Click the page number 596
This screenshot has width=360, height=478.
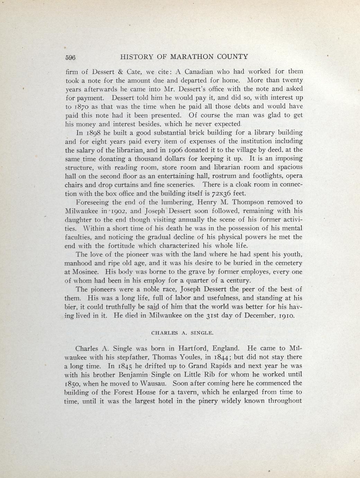coord(71,57)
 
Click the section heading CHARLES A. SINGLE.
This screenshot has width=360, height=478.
coord(182,333)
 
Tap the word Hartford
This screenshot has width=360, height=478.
coord(188,348)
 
